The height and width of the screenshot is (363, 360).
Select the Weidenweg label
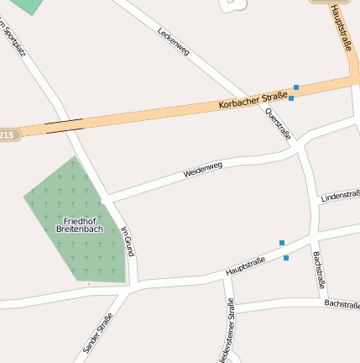click(x=203, y=169)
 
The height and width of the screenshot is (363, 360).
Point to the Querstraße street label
click(x=278, y=124)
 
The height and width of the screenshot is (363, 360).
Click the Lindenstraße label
click(x=341, y=196)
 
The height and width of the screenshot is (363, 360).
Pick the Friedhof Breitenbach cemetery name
click(x=79, y=224)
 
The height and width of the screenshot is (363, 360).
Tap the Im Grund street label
click(x=128, y=241)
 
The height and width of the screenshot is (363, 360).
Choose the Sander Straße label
click(x=97, y=332)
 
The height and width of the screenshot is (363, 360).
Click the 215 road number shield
click(x=8, y=134)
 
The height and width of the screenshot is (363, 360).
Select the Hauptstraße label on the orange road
click(x=343, y=27)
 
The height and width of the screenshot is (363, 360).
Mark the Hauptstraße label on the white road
click(x=245, y=266)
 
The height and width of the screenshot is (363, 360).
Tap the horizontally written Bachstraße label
click(x=342, y=303)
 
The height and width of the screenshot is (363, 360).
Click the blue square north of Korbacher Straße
click(x=296, y=87)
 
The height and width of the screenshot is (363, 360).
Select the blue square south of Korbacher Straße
click(x=291, y=98)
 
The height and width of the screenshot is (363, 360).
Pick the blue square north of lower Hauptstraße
click(x=282, y=243)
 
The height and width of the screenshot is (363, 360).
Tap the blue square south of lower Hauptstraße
click(x=286, y=257)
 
